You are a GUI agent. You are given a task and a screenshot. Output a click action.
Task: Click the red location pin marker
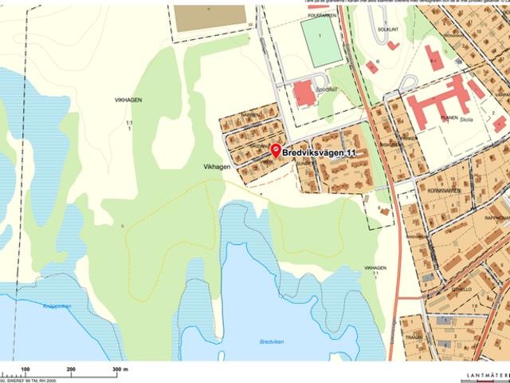pyautogui.click(x=276, y=149)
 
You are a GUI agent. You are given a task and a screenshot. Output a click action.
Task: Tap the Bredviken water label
pyautogui.click(x=271, y=342)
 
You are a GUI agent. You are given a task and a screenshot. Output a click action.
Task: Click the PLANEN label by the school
pyautogui.click(x=449, y=117)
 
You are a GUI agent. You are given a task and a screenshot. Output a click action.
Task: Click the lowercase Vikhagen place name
pyautogui.click(x=217, y=167)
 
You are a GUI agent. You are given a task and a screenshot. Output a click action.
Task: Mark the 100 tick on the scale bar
pyautogui.click(x=26, y=369)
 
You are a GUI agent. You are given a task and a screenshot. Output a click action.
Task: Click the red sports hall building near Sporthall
pyautogui.click(x=304, y=93)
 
